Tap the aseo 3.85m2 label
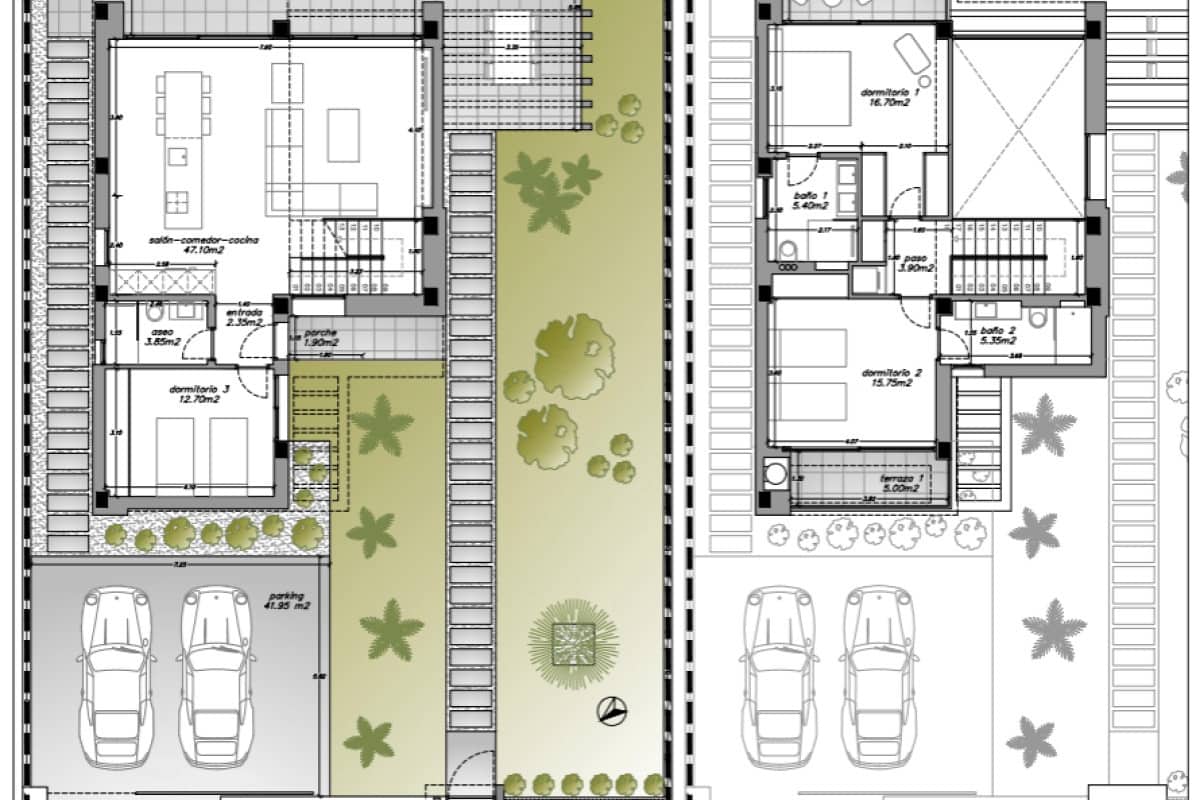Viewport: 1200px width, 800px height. (x=161, y=336)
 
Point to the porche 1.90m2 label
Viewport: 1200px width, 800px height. (x=321, y=337)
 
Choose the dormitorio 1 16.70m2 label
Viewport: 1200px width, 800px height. (x=889, y=97)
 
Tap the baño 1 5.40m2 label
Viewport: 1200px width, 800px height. (x=811, y=200)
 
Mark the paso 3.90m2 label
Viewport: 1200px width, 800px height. (x=915, y=263)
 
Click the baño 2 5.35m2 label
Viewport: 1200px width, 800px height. (x=997, y=335)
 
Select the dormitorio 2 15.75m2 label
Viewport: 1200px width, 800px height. (x=890, y=377)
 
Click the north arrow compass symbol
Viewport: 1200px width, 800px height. (x=611, y=711)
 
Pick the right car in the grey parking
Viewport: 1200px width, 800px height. (x=216, y=675)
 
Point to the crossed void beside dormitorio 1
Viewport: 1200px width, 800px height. (x=1017, y=127)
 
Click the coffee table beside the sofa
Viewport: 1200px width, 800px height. (x=343, y=134)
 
